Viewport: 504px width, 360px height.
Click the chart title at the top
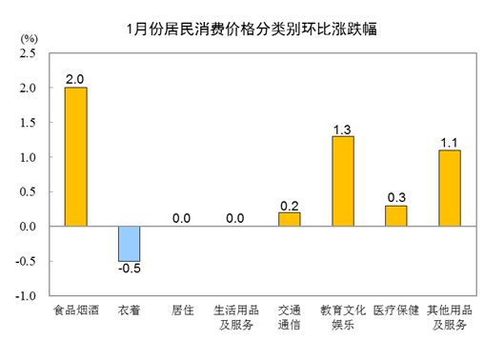252,29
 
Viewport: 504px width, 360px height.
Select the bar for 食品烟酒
75,157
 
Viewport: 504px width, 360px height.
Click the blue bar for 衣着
129,244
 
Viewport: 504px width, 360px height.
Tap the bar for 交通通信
289,219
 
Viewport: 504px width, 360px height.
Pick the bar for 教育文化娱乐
342,181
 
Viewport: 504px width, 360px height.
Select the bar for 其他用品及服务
450,188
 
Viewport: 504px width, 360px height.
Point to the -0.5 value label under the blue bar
129,270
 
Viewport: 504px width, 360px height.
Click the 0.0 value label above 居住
182,218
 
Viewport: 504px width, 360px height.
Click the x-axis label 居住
182,311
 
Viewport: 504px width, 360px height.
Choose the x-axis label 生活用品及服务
235,318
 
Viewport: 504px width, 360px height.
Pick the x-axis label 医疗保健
395,311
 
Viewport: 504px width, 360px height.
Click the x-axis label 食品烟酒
75,311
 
